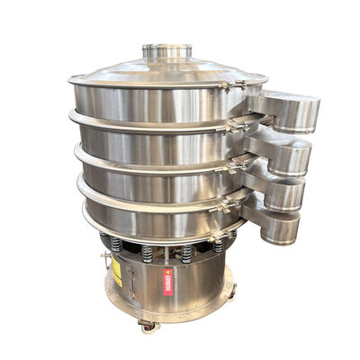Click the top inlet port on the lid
click(168, 50)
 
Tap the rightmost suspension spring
click(217, 246)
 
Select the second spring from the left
click(147, 253)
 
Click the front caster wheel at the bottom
click(148, 325)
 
